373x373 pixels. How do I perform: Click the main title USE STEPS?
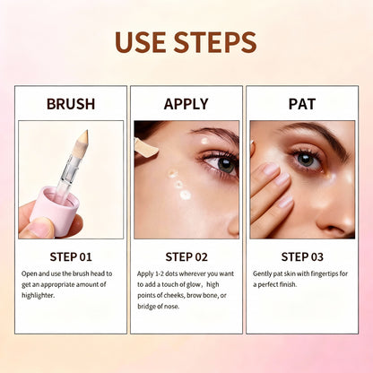pyautogui.click(x=186, y=41)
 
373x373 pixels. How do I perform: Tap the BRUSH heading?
pyautogui.click(x=71, y=104)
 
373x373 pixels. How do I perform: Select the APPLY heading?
pyautogui.click(x=186, y=104)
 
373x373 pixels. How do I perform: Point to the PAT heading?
pyautogui.click(x=301, y=104)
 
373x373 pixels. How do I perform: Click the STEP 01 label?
pyautogui.click(x=71, y=256)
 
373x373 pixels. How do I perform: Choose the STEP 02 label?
pyautogui.click(x=186, y=256)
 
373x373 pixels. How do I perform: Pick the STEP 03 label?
pyautogui.click(x=301, y=256)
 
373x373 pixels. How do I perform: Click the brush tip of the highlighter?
pyautogui.click(x=82, y=140)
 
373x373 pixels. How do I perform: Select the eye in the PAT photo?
pyautogui.click(x=308, y=159)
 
